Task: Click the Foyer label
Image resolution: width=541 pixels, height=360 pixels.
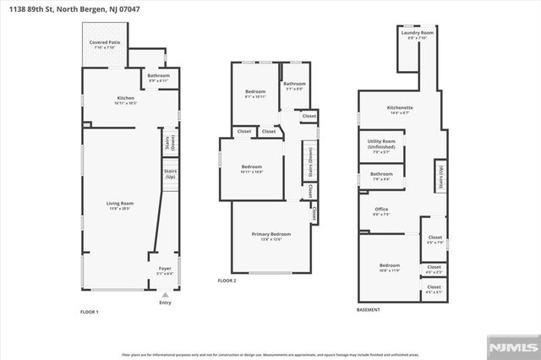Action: click(164, 271)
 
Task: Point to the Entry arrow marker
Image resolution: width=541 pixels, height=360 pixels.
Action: click(164, 297)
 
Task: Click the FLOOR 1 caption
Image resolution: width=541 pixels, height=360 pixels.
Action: click(90, 313)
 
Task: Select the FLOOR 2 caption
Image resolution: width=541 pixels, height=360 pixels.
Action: click(227, 281)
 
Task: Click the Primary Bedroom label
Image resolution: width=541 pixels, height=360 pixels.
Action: click(270, 236)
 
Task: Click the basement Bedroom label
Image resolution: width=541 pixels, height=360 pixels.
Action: click(389, 268)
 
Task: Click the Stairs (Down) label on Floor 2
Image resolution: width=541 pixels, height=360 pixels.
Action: click(309, 161)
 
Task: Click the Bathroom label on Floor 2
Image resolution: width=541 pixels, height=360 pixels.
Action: click(294, 85)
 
